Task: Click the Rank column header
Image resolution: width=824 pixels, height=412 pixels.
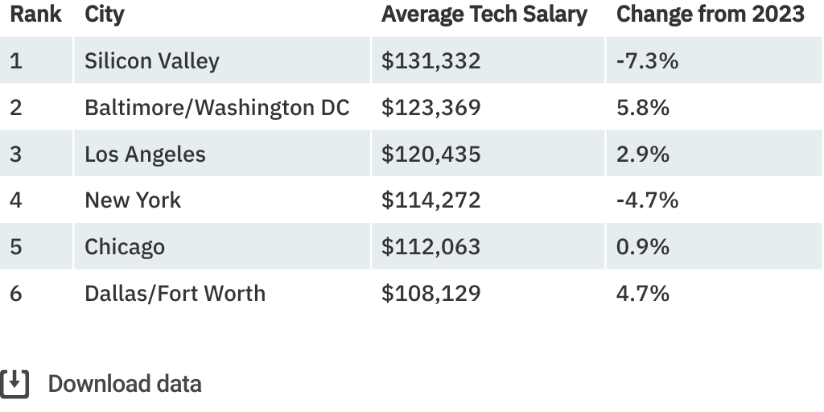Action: click(x=35, y=14)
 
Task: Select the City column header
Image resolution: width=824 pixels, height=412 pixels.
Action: click(x=105, y=14)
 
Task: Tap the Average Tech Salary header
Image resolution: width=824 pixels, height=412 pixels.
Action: click(x=484, y=14)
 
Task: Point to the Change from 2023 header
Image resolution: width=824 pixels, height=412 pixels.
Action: click(x=710, y=14)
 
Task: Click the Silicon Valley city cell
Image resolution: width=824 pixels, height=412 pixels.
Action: click(x=151, y=61)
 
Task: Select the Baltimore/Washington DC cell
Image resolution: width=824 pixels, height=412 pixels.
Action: click(x=216, y=108)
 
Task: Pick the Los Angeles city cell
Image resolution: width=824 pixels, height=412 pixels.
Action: click(x=145, y=154)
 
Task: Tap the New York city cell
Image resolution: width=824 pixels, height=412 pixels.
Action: click(x=133, y=200)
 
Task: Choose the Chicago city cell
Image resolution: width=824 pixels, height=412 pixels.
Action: click(x=125, y=246)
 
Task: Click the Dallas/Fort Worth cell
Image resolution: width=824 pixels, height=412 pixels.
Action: click(x=175, y=293)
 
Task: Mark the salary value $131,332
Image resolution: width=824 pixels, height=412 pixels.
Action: click(x=431, y=61)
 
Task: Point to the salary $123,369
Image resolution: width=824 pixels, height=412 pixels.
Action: click(x=431, y=108)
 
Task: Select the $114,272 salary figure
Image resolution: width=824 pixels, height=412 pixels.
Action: click(x=431, y=200)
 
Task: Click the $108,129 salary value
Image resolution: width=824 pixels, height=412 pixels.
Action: click(x=431, y=293)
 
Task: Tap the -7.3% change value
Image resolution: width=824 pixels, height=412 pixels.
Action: click(x=647, y=61)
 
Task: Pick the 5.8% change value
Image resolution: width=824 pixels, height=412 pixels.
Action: click(x=642, y=108)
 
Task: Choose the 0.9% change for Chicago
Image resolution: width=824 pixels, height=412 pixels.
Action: click(x=642, y=246)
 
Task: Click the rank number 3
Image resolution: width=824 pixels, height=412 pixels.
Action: click(x=16, y=154)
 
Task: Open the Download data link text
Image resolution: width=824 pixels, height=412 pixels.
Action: click(x=125, y=384)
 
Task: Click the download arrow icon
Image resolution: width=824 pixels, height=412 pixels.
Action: click(x=14, y=384)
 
